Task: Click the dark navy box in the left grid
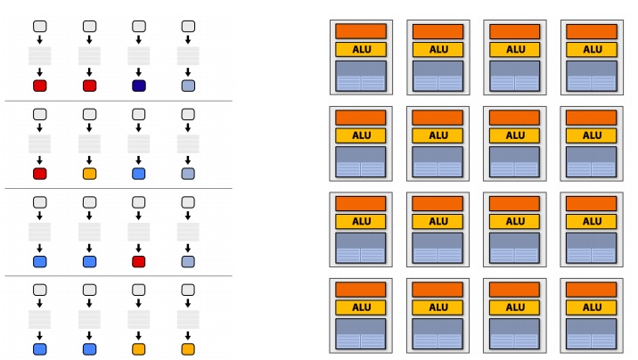[139, 86]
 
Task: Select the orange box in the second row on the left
[90, 174]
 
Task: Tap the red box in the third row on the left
[139, 261]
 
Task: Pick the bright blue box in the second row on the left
[139, 174]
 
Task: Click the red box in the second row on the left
[40, 174]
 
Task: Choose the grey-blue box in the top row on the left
[188, 86]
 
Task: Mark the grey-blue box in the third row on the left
[188, 261]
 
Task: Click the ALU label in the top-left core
[361, 50]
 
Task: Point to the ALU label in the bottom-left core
[361, 307]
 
